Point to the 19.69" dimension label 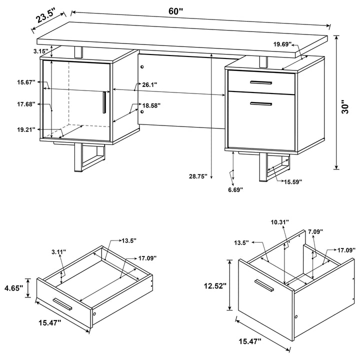282,44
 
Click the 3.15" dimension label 40,51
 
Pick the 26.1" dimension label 149,85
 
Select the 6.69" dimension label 234,189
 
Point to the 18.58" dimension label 151,106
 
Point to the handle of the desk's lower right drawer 260,104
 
